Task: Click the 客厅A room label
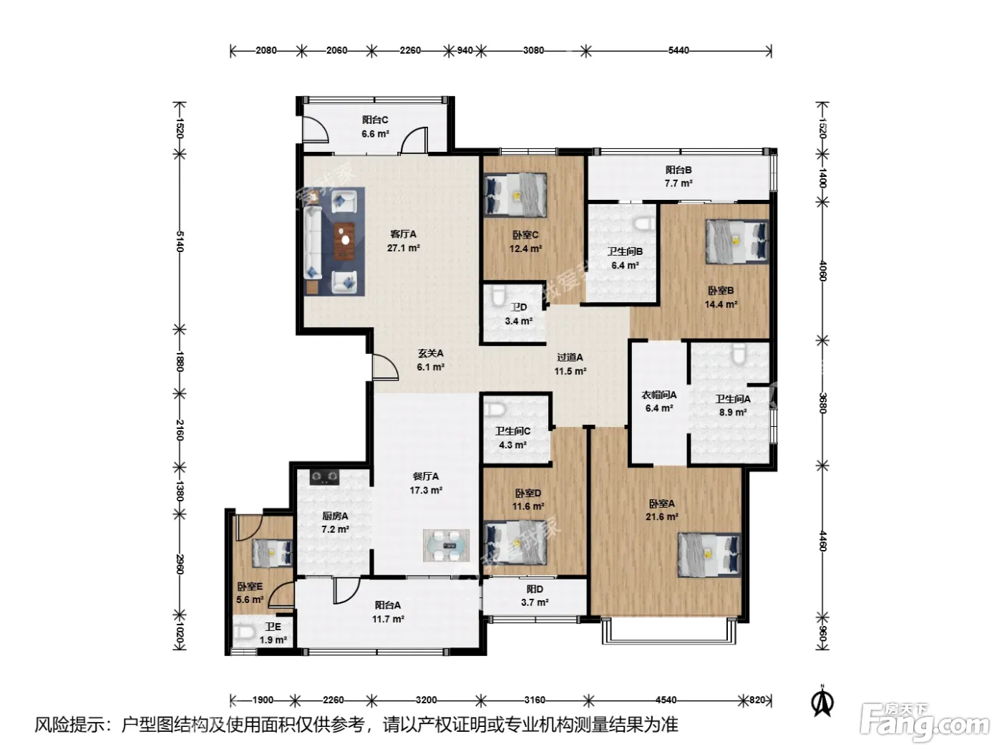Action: coord(403,234)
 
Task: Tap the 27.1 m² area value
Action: coord(403,249)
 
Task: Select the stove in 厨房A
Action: coord(325,478)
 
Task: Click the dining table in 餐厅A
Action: coord(446,545)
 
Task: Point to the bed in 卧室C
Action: coord(515,195)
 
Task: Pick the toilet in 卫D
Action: coord(498,295)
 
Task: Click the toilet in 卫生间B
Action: coord(644,224)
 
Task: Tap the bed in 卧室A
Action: coord(709,555)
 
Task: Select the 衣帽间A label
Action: coord(658,395)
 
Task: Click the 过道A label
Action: coord(570,357)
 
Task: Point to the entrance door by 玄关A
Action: coord(385,367)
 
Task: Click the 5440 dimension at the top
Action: coord(678,51)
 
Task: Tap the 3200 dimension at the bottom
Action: coord(426,700)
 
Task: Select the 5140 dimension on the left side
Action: coord(180,241)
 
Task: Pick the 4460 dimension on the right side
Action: coord(822,541)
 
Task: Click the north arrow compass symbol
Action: coord(822,703)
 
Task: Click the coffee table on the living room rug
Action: coord(344,241)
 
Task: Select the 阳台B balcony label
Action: coord(678,170)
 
